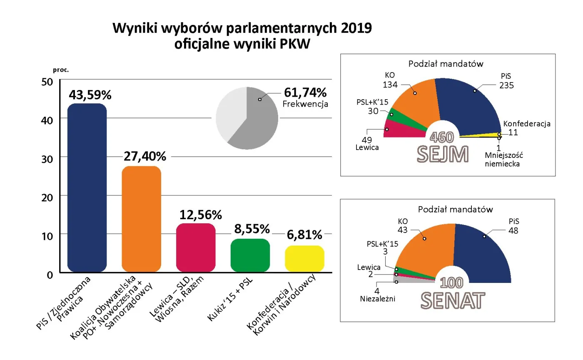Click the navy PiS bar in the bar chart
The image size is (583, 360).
pyautogui.click(x=87, y=187)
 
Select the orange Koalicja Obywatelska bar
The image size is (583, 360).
pyautogui.click(x=141, y=219)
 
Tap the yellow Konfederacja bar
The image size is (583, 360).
pyautogui.click(x=304, y=259)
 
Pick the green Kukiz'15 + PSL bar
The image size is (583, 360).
pyautogui.click(x=250, y=255)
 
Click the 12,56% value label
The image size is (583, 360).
pyautogui.click(x=201, y=215)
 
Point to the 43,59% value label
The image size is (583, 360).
pyautogui.click(x=90, y=95)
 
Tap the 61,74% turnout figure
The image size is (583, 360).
pyautogui.click(x=305, y=92)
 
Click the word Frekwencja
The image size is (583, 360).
pyautogui.click(x=305, y=104)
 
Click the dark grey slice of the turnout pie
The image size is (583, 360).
pyautogui.click(x=260, y=121)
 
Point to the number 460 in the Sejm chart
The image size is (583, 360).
pyautogui.click(x=443, y=137)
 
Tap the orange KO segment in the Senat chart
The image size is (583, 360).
pyautogui.click(x=425, y=250)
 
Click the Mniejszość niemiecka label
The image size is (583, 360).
pyautogui.click(x=503, y=160)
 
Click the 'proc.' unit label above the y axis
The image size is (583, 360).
pyautogui.click(x=61, y=70)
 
